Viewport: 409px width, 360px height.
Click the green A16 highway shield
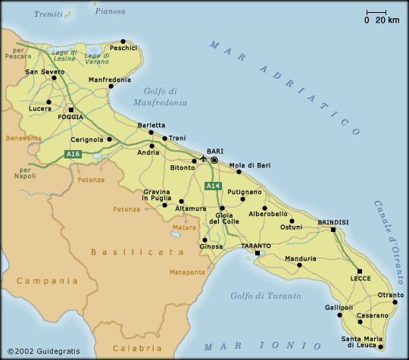point(73,155)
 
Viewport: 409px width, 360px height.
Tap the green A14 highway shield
point(214,186)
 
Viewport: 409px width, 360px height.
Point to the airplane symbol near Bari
point(203,159)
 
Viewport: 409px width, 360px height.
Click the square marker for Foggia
point(70,109)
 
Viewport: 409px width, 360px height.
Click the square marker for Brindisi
point(333,229)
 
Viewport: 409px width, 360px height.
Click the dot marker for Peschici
point(123,41)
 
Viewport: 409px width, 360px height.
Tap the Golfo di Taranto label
point(265,296)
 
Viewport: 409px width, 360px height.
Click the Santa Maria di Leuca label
point(369,342)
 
